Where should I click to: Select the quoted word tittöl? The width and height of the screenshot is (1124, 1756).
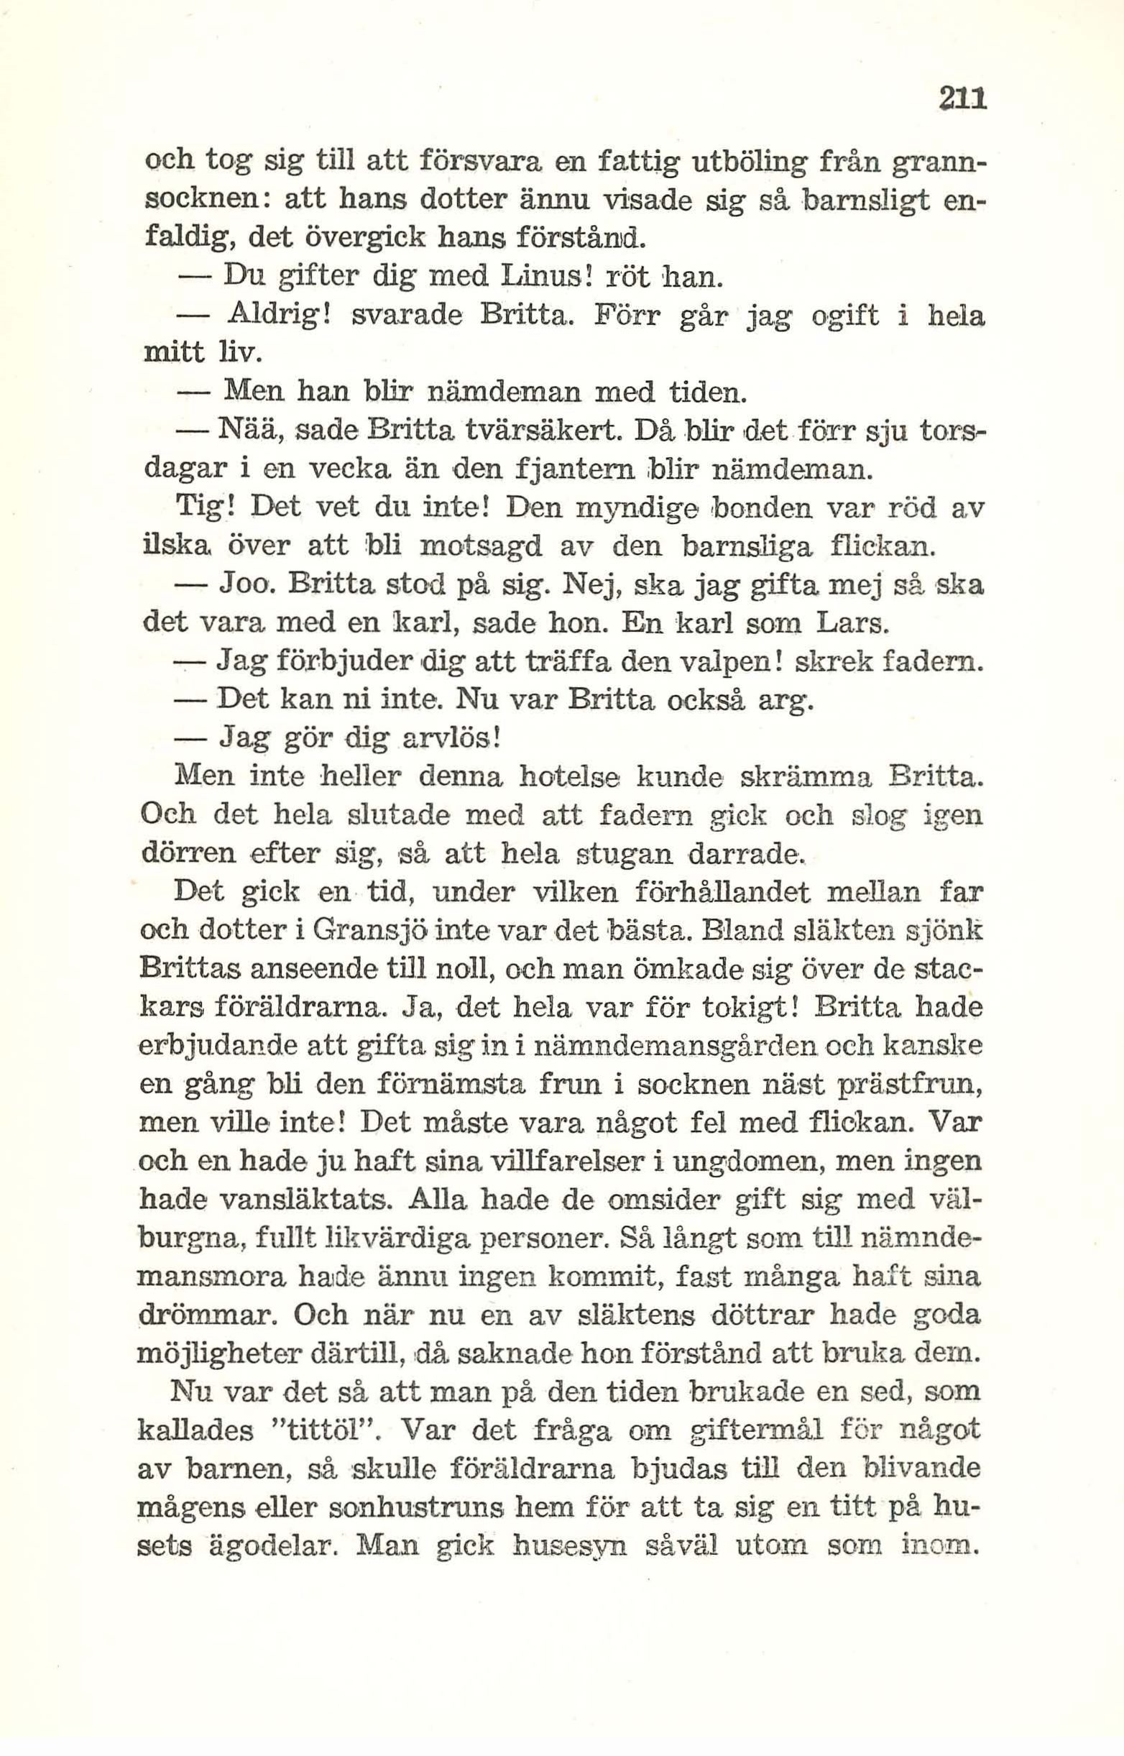click(x=329, y=1431)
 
